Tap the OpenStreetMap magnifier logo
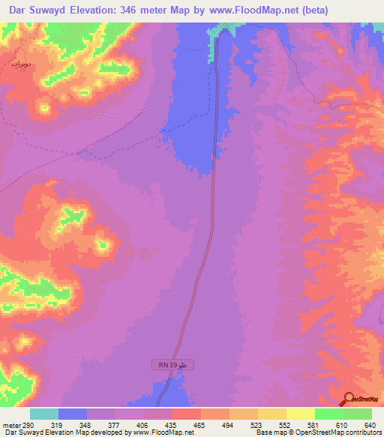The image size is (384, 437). [348, 399]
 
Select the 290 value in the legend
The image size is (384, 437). [28, 425]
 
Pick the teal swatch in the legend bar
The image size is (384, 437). [44, 414]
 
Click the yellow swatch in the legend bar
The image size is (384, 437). [301, 414]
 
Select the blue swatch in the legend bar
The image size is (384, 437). [73, 414]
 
